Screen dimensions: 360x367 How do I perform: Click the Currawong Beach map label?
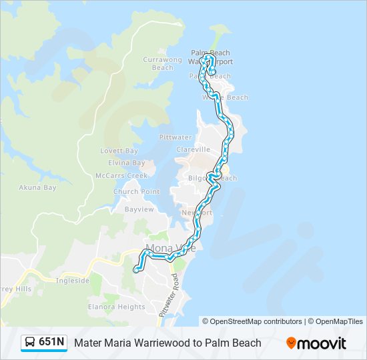point(162,63)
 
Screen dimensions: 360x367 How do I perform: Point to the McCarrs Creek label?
point(121,175)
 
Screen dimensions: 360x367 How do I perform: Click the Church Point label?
point(137,192)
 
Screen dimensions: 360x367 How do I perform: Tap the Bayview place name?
point(139,209)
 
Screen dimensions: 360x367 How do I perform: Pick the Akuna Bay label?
point(37,188)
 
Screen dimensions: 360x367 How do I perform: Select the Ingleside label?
point(73,281)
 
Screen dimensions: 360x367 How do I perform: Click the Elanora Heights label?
point(116,307)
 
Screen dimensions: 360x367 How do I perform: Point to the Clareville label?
point(194,149)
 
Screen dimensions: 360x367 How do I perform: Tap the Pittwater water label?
point(175,137)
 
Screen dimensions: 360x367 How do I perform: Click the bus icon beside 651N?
point(31,343)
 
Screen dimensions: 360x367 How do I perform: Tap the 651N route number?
point(51,343)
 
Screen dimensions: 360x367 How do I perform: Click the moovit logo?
point(316,343)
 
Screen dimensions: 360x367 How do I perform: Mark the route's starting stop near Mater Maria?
point(135,270)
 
